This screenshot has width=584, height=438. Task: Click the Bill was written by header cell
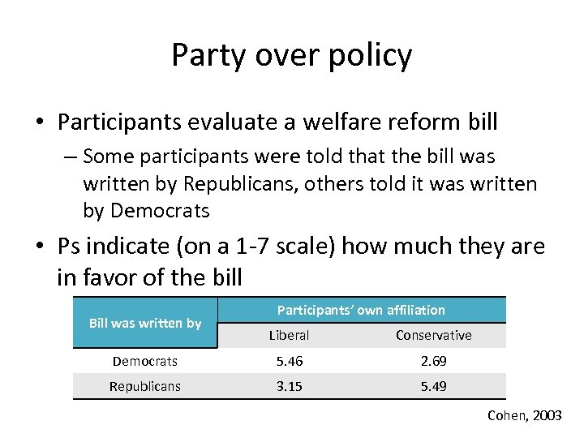point(145,323)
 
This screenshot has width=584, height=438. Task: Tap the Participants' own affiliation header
point(361,310)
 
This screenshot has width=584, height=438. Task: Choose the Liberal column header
point(289,335)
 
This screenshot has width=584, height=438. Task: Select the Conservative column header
point(433,335)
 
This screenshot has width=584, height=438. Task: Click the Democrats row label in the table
point(145,361)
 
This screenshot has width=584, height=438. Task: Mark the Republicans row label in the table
point(145,386)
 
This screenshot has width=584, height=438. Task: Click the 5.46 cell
point(289,361)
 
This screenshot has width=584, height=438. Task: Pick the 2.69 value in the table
point(433,361)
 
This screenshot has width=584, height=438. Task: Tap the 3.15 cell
point(289,386)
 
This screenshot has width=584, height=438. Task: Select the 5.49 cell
point(433,386)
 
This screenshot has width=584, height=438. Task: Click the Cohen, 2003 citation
point(524,415)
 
